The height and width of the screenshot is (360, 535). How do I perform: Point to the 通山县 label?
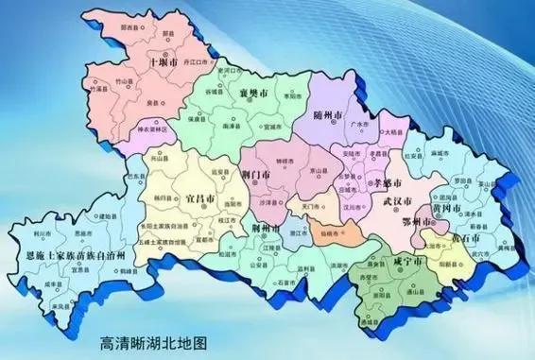418,295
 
